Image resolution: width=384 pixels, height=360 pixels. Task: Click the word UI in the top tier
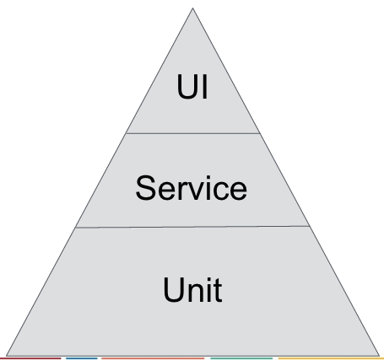pyautogui.click(x=192, y=86)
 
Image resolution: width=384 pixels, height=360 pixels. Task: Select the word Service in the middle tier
pyautogui.click(x=192, y=188)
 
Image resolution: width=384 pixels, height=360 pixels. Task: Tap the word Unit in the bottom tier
pyautogui.click(x=192, y=289)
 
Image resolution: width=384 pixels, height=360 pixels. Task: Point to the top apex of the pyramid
pyautogui.click(x=192, y=8)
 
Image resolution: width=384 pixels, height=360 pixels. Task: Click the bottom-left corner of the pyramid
pyautogui.click(x=7, y=356)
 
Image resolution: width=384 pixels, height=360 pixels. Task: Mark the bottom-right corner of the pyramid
pyautogui.click(x=379, y=356)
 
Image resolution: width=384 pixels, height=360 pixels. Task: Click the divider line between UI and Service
pyautogui.click(x=193, y=133)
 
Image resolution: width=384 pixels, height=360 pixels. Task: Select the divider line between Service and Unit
pyautogui.click(x=192, y=227)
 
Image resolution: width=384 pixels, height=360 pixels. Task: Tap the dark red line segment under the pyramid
pyautogui.click(x=30, y=358)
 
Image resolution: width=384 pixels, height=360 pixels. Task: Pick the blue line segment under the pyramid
pyautogui.click(x=82, y=358)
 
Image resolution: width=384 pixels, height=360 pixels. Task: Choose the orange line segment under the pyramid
pyautogui.click(x=153, y=358)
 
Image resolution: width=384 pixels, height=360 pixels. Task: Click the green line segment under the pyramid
pyautogui.click(x=241, y=358)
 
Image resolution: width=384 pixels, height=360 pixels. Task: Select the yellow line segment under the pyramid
pyautogui.click(x=331, y=358)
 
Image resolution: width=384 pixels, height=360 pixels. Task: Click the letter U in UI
pyautogui.click(x=187, y=87)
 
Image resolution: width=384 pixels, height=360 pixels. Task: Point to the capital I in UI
pyautogui.click(x=205, y=86)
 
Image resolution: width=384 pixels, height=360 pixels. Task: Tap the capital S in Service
pyautogui.click(x=145, y=188)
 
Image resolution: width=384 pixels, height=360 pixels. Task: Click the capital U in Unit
pyautogui.click(x=173, y=290)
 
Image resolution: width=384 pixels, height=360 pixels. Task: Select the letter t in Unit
pyautogui.click(x=218, y=291)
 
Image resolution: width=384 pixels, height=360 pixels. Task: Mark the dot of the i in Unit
pyautogui.click(x=208, y=279)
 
